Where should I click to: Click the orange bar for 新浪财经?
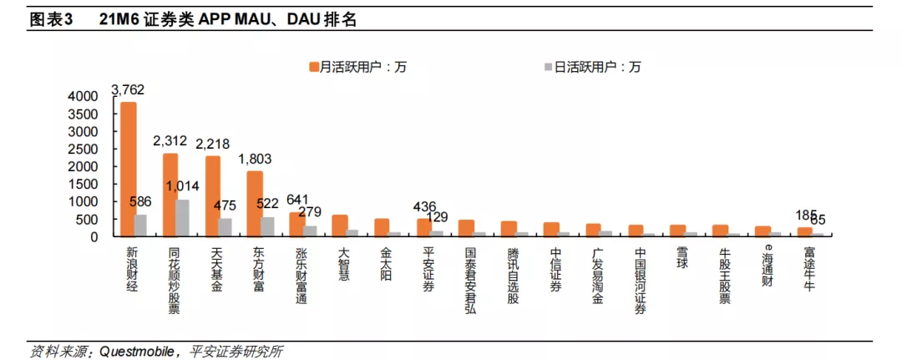(x=128, y=170)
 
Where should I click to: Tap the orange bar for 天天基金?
(x=213, y=196)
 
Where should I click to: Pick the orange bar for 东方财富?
(x=256, y=204)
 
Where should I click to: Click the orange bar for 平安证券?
(x=424, y=228)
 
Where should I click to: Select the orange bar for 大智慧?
(x=340, y=226)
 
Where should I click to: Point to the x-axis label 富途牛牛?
(x=809, y=269)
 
